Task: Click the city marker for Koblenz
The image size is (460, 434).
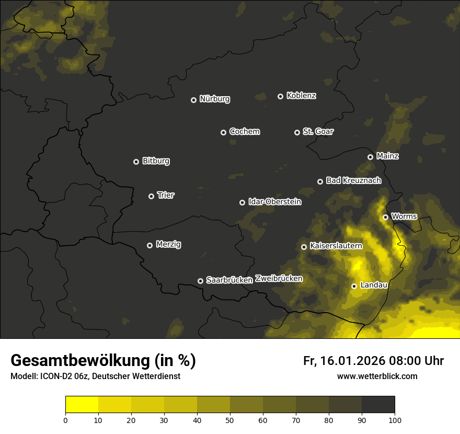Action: (x=280, y=96)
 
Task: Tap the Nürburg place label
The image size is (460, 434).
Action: (x=215, y=99)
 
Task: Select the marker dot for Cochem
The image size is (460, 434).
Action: (x=223, y=132)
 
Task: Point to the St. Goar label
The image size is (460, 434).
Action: (x=318, y=131)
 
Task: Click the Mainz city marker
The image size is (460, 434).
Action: (x=370, y=157)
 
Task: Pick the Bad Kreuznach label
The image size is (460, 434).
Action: (x=353, y=180)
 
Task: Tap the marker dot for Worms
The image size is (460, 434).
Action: (x=385, y=217)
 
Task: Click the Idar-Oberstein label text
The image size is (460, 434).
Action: (x=275, y=201)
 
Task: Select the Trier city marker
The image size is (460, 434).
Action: (x=151, y=196)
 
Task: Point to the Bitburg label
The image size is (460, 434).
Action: (x=156, y=161)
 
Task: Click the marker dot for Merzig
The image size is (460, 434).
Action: (x=149, y=245)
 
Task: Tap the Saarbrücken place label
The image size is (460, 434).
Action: (x=229, y=280)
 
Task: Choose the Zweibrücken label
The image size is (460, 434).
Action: (x=279, y=278)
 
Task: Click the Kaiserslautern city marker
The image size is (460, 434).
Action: (x=304, y=247)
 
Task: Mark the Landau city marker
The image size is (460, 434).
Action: (x=354, y=286)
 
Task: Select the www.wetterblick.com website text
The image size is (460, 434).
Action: (x=377, y=376)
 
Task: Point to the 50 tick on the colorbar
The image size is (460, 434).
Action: (x=230, y=419)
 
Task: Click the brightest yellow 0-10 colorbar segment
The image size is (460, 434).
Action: (x=82, y=404)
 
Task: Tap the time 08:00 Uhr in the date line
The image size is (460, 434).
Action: (x=416, y=361)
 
